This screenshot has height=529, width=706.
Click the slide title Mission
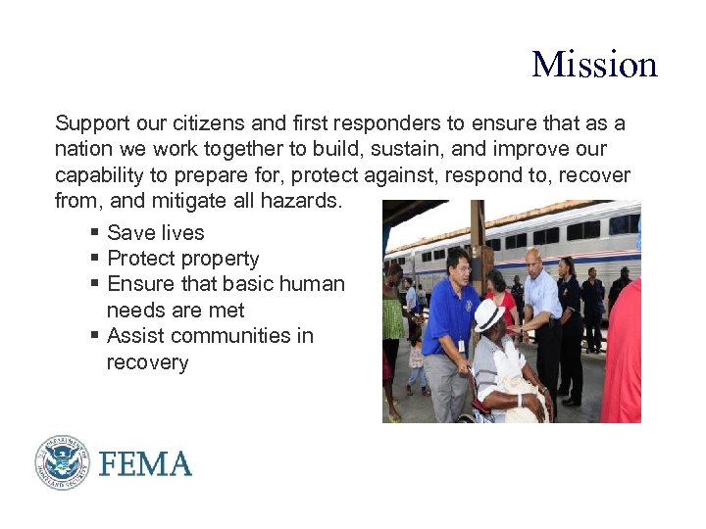coord(594,65)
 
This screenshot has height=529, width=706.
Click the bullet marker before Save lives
coord(94,233)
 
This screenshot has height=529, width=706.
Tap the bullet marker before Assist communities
coord(94,336)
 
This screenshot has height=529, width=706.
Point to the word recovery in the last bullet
coord(147,362)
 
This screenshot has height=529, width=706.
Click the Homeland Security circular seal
coord(62,461)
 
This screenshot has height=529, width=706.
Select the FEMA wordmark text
coord(144,463)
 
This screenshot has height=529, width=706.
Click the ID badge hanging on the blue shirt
coord(460,345)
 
